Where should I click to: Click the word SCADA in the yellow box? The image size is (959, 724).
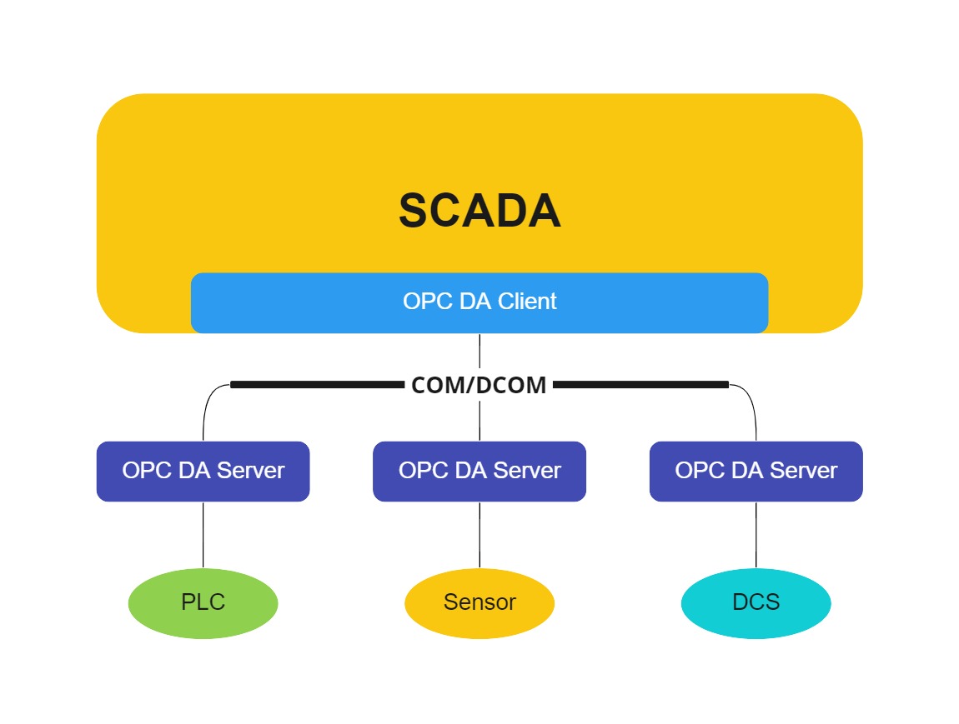tap(479, 211)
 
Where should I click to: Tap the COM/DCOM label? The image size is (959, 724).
tap(479, 385)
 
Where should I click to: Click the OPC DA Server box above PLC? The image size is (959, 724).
tap(203, 471)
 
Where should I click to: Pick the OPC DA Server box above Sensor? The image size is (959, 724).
tap(479, 471)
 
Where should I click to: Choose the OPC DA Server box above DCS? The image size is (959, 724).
tap(756, 471)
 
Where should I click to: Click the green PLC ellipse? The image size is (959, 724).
tap(203, 602)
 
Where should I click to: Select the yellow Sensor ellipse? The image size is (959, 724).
tap(479, 602)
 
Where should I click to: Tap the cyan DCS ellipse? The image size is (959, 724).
tap(756, 602)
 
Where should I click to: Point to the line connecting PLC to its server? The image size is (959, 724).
tap(203, 535)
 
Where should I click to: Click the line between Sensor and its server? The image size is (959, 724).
tap(479, 535)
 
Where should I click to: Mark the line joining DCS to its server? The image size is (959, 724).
tap(756, 535)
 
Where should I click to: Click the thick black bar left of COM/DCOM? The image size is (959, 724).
tap(317, 385)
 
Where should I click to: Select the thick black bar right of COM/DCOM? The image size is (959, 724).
tap(640, 385)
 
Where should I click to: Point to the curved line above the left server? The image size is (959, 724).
tap(207, 404)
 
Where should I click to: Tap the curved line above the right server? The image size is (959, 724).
tap(752, 404)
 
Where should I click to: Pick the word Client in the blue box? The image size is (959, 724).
tap(527, 301)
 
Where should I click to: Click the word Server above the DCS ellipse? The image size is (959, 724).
tap(803, 471)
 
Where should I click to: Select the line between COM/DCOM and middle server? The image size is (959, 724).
tap(479, 421)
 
